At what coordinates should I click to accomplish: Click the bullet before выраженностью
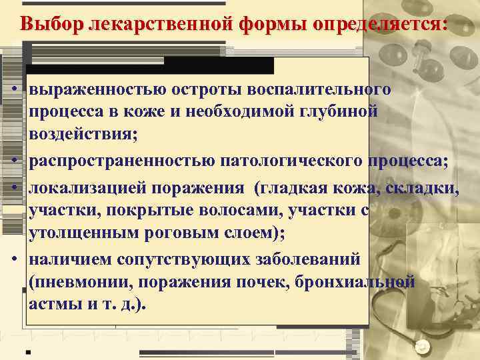[x=13, y=89]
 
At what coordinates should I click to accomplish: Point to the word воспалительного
[x=319, y=89]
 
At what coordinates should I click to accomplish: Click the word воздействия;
[x=83, y=134]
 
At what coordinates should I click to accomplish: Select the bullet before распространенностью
[x=13, y=161]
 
